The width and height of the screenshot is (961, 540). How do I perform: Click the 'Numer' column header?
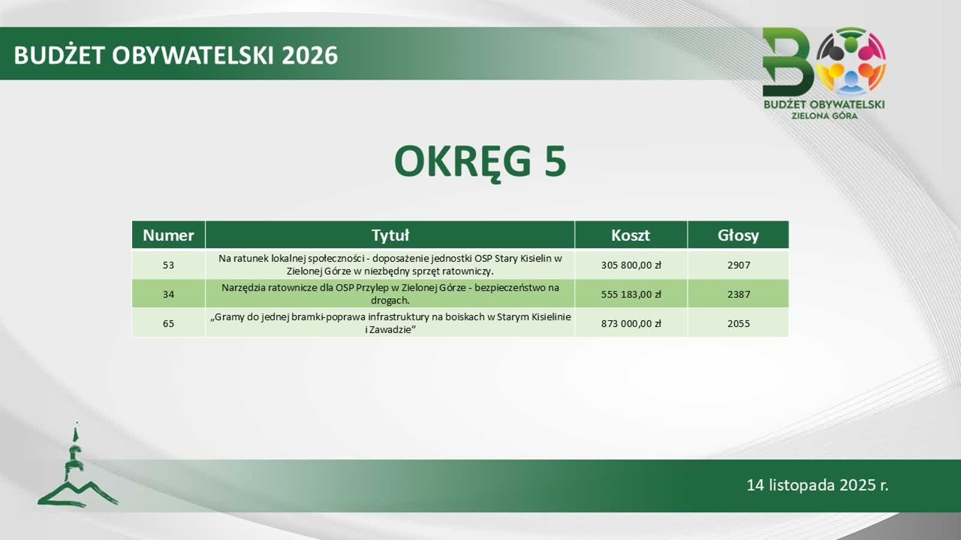tap(168, 235)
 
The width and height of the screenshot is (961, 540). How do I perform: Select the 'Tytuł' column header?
tap(390, 235)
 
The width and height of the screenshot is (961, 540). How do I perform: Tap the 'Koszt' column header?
tap(630, 235)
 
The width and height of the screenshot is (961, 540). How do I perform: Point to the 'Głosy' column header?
tap(738, 235)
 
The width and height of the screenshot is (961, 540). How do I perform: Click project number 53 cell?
tap(168, 265)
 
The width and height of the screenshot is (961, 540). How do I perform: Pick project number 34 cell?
tap(168, 294)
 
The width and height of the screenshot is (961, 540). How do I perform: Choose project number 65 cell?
tap(168, 323)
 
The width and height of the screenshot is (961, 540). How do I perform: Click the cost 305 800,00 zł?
tap(631, 265)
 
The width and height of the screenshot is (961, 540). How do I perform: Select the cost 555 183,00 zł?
tap(631, 294)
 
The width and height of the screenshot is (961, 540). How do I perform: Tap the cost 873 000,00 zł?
tap(631, 323)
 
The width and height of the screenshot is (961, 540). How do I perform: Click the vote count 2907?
tap(738, 265)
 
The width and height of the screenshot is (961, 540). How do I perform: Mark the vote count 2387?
tap(738, 294)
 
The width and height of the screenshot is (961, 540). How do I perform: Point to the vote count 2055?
tap(738, 323)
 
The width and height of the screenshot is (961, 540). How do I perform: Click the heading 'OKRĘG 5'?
tap(480, 161)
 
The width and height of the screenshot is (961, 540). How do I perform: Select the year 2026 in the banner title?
tap(310, 55)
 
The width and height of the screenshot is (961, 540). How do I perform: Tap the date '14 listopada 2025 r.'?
tap(817, 485)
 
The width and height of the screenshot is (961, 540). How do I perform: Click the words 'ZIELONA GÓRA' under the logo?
tap(824, 116)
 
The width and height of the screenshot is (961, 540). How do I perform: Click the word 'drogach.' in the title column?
tap(390, 300)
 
